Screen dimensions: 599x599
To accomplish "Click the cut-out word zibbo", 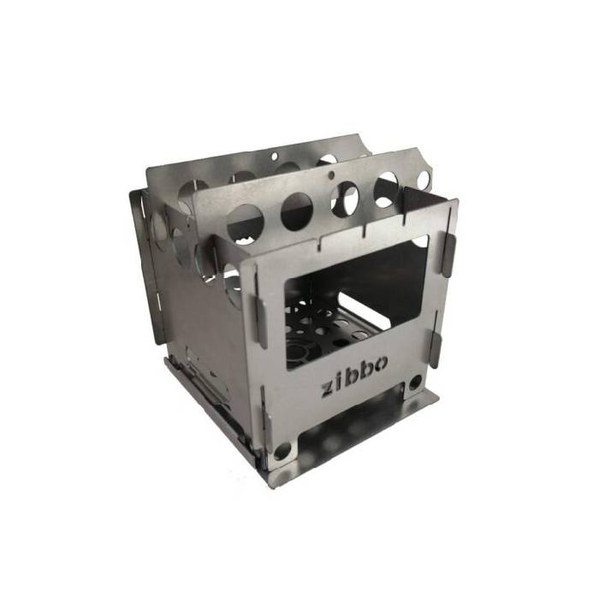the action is [353, 375].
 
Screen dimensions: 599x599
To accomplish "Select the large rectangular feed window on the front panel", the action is [357, 303].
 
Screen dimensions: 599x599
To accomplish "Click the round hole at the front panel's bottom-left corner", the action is [282, 452].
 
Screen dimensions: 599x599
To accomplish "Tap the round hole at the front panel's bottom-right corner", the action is [415, 383].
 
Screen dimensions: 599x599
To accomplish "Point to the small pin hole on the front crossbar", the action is [331, 175].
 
